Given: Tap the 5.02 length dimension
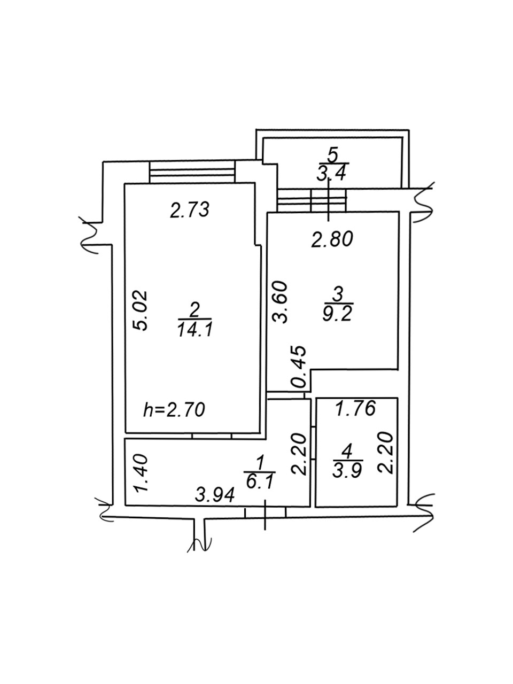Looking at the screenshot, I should pos(141,310).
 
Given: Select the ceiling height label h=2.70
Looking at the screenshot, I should pos(174,410).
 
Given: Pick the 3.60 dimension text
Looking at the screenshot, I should pos(281,302).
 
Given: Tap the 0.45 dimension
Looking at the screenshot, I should pos(299,367).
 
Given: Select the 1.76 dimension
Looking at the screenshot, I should pos(355,408).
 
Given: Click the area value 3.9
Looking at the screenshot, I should pos(348,470).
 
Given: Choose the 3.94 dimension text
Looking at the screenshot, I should pos(215,495).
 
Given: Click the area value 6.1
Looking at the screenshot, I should pos(260,483).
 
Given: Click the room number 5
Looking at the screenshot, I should pos(333,155).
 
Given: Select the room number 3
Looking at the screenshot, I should pos(337,293).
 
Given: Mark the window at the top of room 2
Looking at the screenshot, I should pos(192,173).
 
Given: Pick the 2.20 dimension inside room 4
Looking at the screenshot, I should pos(386,453).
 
